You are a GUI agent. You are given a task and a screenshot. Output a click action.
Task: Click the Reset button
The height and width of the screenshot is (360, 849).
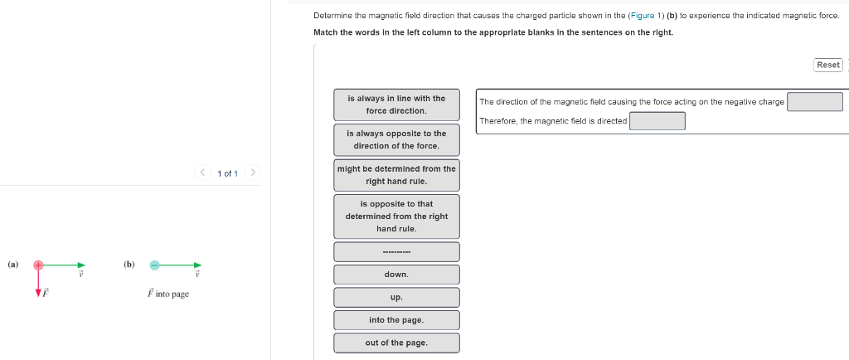[828, 65]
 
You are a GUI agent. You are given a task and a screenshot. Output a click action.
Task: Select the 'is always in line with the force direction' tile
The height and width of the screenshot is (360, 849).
[396, 105]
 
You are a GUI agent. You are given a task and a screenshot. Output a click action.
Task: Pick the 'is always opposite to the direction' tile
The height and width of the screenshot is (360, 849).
[396, 139]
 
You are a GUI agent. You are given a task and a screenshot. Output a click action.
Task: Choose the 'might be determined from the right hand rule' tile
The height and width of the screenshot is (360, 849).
[396, 174]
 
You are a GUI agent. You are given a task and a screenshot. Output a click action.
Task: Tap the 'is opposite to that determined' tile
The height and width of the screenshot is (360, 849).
[396, 216]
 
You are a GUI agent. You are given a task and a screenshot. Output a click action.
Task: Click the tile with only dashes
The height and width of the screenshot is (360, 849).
[396, 252]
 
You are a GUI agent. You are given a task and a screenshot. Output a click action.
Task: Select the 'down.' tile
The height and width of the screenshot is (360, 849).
[396, 275]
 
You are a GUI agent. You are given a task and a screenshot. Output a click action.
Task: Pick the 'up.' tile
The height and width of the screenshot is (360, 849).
[396, 297]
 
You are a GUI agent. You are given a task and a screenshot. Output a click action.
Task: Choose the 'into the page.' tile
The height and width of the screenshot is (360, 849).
[396, 320]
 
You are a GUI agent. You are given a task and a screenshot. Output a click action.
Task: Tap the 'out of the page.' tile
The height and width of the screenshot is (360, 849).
[396, 343]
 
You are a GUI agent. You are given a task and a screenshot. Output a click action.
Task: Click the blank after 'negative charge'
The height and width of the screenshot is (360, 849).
[814, 102]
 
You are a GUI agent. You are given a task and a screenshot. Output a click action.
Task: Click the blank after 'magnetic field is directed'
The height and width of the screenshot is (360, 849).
[657, 121]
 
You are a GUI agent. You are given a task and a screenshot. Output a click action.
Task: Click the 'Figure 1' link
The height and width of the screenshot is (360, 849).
[646, 16]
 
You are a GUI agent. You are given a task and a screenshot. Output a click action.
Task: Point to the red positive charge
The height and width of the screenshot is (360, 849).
[37, 265]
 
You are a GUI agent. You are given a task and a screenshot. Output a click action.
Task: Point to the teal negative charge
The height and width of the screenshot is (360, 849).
[154, 265]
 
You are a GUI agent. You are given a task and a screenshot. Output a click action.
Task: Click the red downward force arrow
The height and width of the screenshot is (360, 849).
[37, 286]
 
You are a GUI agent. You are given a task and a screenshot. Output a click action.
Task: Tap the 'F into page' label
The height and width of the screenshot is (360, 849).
[167, 294]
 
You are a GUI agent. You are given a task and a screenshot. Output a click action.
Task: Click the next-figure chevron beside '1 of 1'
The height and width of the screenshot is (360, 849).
[253, 173]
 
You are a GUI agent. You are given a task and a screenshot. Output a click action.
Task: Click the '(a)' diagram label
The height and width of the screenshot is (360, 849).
[12, 265]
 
